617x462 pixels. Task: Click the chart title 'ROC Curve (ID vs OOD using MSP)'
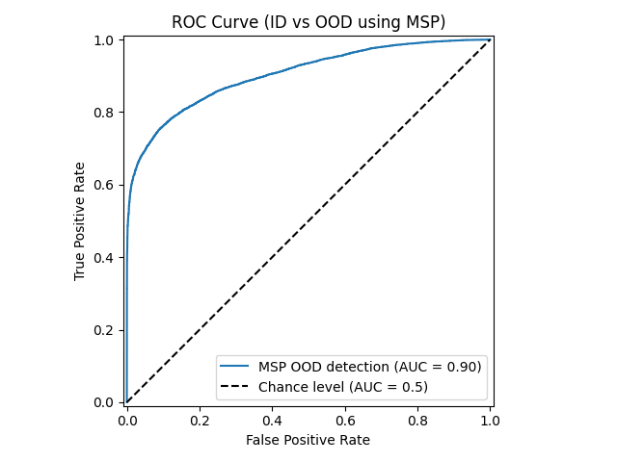point(308,22)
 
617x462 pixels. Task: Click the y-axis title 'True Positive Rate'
point(80,220)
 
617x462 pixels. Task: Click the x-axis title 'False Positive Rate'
point(308,440)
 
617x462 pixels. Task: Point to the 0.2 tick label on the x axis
point(200,421)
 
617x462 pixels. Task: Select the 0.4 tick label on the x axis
point(272,421)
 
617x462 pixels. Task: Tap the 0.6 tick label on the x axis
point(345,421)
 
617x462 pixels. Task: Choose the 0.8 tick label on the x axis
point(417,421)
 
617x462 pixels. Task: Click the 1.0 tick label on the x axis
point(490,421)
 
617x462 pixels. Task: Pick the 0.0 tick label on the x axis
point(127,421)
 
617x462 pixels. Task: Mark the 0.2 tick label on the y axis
point(105,330)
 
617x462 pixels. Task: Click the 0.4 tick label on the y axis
point(105,257)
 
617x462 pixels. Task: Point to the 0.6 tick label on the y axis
point(105,185)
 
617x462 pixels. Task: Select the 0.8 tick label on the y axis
point(105,113)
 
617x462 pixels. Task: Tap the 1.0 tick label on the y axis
point(105,40)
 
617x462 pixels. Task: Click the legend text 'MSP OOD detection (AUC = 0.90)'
point(369,366)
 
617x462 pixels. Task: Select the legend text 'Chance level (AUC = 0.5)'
point(342,386)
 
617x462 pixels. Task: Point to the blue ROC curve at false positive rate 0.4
point(272,73)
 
